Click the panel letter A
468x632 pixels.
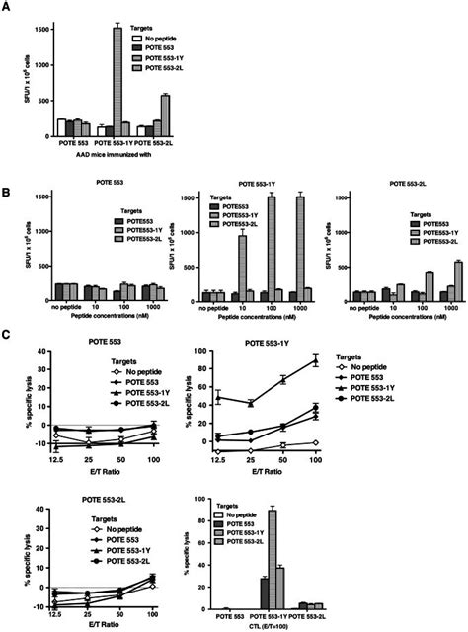tap(8, 8)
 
